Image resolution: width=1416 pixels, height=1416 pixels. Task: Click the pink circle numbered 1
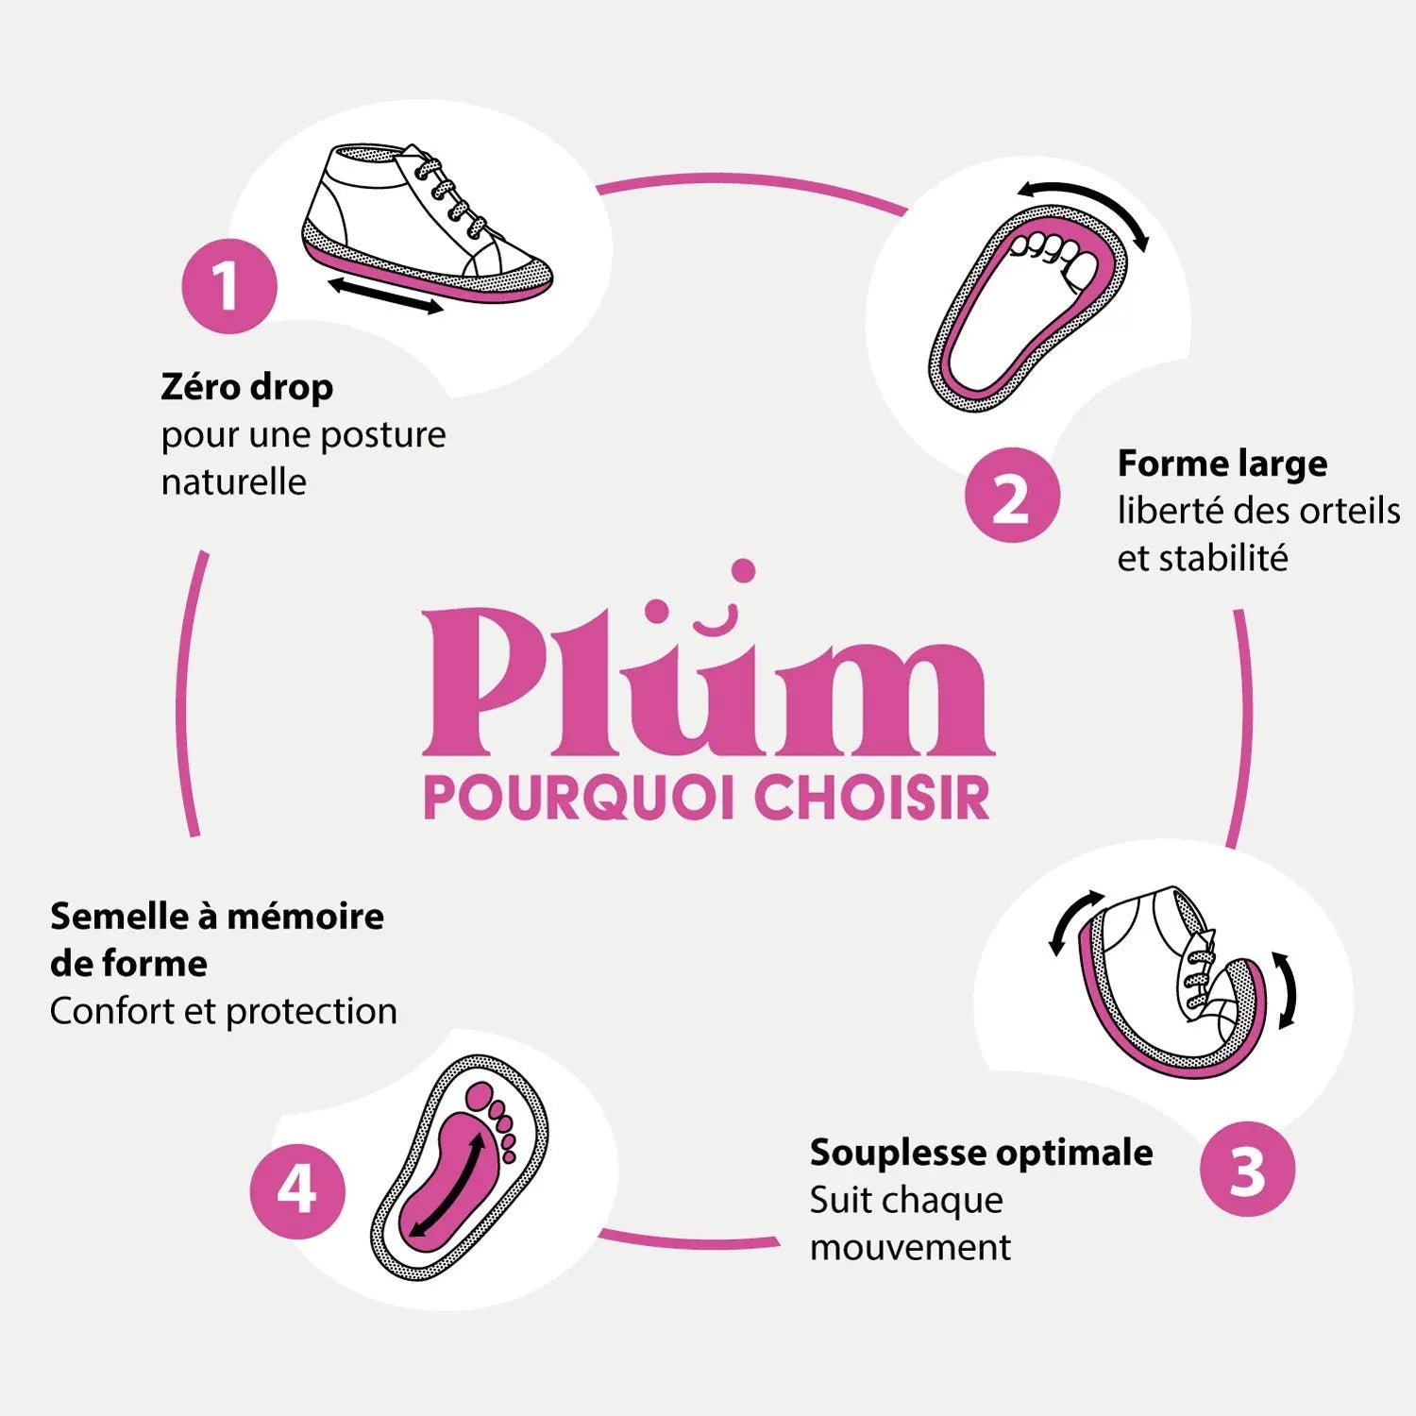tap(229, 286)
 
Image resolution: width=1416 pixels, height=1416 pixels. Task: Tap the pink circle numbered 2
tap(1012, 496)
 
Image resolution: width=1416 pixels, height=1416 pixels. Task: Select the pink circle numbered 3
tap(1247, 1170)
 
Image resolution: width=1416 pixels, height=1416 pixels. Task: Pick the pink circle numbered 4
tap(297, 1190)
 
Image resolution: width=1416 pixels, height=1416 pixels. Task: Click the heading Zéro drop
tap(247, 387)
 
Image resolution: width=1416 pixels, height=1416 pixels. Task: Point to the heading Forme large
tap(1222, 464)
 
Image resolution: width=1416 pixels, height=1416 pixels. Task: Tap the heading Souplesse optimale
tap(981, 1153)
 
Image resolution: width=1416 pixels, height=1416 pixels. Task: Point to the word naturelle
tap(234, 482)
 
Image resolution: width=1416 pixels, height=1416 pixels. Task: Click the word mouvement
tap(910, 1248)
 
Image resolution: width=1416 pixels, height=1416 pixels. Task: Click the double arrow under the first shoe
tap(386, 295)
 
